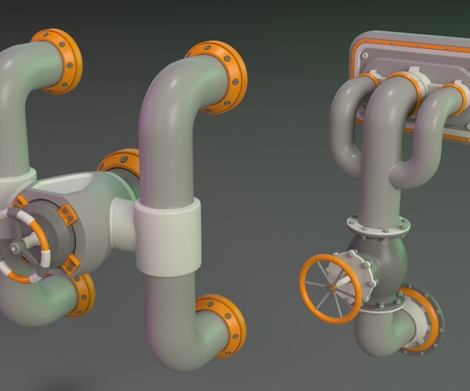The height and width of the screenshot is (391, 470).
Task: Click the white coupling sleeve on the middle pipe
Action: pos(167,235)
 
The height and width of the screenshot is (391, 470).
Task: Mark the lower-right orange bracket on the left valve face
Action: pos(70,264)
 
